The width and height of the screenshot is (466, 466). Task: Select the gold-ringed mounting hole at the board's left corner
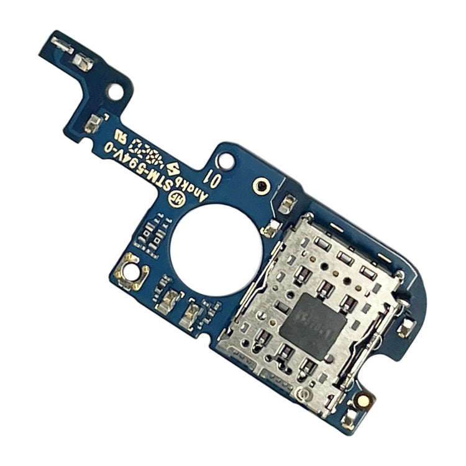pos(132,271)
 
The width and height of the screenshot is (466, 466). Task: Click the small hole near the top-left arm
pos(114,92)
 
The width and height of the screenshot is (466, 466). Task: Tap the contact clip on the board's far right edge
pos(406,326)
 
